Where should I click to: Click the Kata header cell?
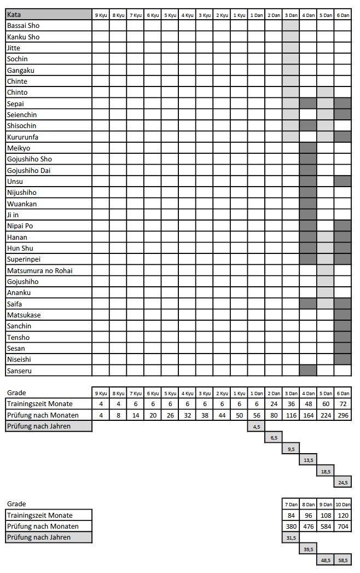(48, 14)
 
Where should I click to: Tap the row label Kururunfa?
(23, 137)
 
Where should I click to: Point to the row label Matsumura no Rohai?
(39, 270)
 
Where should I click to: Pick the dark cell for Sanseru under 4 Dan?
(308, 371)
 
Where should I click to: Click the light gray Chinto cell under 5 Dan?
(325, 92)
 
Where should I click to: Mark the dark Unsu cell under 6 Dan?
(342, 181)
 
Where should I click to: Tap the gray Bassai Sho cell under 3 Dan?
(291, 26)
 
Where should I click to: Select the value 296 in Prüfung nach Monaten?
(342, 415)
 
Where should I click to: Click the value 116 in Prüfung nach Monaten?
(291, 415)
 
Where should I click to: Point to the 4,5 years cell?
(257, 426)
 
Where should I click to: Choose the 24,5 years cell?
(342, 483)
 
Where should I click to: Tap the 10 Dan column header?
(342, 504)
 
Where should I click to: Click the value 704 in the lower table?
(342, 526)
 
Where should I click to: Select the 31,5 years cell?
(291, 537)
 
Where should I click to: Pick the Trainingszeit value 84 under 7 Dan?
(291, 515)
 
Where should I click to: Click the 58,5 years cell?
(342, 560)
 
